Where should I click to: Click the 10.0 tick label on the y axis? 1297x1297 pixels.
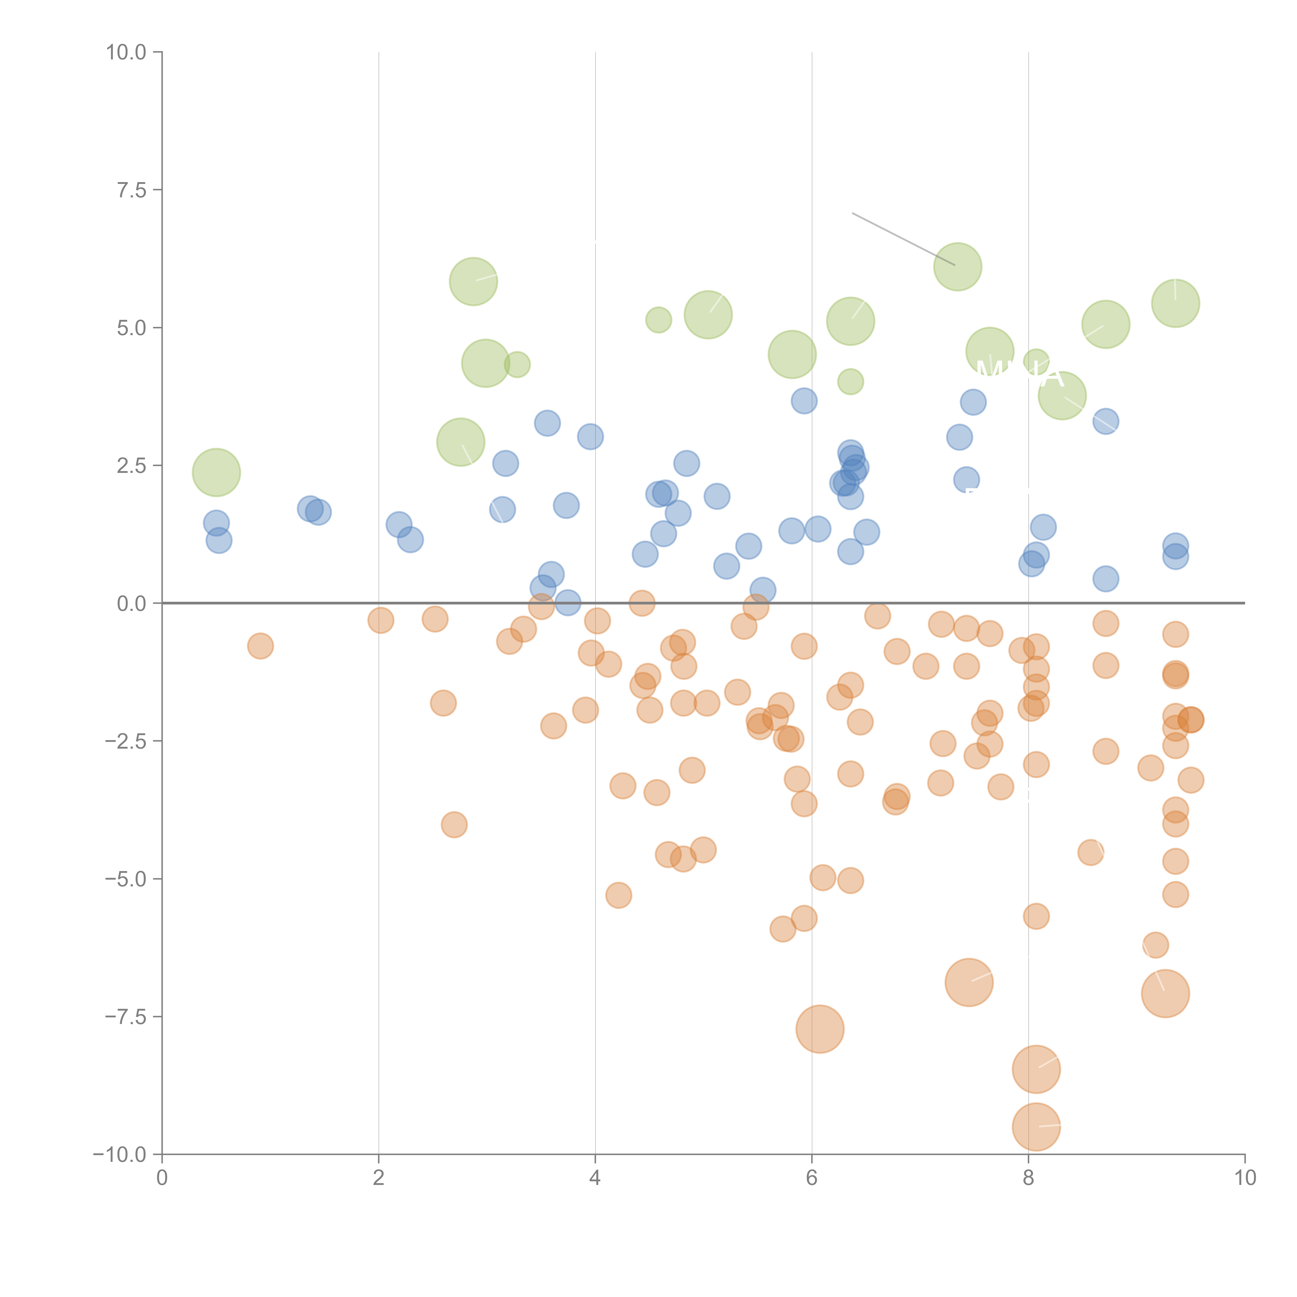coord(126,52)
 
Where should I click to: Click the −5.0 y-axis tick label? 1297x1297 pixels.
coord(126,879)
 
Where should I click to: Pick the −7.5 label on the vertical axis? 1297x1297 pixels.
coord(126,1016)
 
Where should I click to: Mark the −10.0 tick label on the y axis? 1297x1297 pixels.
coord(120,1155)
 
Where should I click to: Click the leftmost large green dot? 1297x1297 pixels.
coord(216,473)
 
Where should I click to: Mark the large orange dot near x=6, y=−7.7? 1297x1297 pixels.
coord(820,1029)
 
